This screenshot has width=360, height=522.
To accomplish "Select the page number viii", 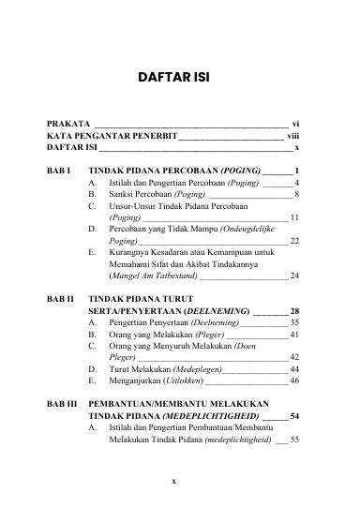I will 292,136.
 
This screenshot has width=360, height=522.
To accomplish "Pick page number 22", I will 293,267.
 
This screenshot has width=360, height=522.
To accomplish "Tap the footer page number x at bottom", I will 180,505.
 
